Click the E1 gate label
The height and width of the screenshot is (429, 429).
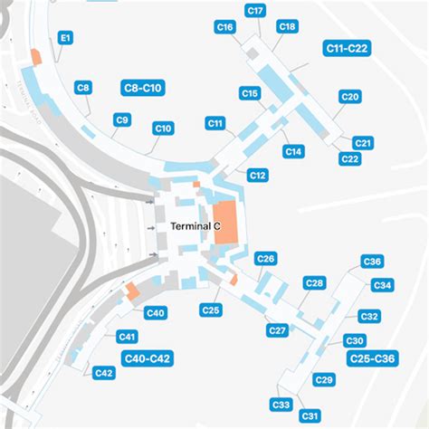pyautogui.click(x=66, y=38)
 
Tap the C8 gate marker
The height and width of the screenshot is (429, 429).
pyautogui.click(x=82, y=88)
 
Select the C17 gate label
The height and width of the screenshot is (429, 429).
pyautogui.click(x=255, y=11)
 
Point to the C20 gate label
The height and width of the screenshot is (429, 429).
pyautogui.click(x=350, y=97)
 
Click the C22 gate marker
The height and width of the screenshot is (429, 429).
pyautogui.click(x=349, y=158)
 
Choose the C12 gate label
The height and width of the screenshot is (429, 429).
pyautogui.click(x=257, y=175)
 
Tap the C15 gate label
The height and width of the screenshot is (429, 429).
pyautogui.click(x=250, y=93)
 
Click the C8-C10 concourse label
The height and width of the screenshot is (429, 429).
pyautogui.click(x=142, y=88)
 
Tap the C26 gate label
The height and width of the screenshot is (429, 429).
pyautogui.click(x=265, y=259)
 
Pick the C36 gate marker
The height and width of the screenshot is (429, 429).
pyautogui.click(x=372, y=262)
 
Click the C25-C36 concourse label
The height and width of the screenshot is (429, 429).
pyautogui.click(x=373, y=358)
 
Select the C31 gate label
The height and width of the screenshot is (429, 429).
pyautogui.click(x=310, y=416)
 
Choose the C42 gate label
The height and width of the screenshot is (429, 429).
pyautogui.click(x=104, y=373)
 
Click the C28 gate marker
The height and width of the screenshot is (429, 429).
pyautogui.click(x=314, y=283)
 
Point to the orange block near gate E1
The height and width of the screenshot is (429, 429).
pyautogui.click(x=36, y=54)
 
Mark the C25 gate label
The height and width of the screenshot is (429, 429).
pyautogui.click(x=211, y=310)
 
